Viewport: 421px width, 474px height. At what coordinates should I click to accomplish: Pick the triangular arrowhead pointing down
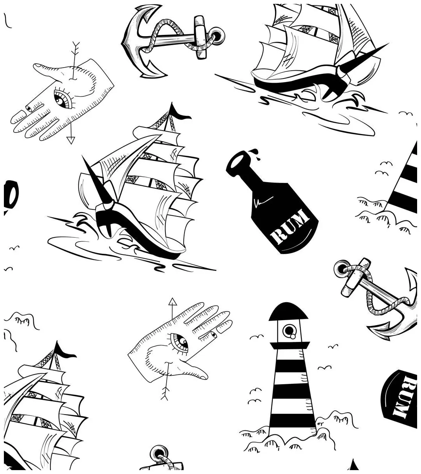click(x=70, y=140)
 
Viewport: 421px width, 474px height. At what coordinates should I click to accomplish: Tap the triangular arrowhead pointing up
click(x=172, y=301)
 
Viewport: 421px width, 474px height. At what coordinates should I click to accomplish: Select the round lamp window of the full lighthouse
click(x=289, y=330)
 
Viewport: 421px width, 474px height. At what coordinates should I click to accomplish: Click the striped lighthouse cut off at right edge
click(x=406, y=179)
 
